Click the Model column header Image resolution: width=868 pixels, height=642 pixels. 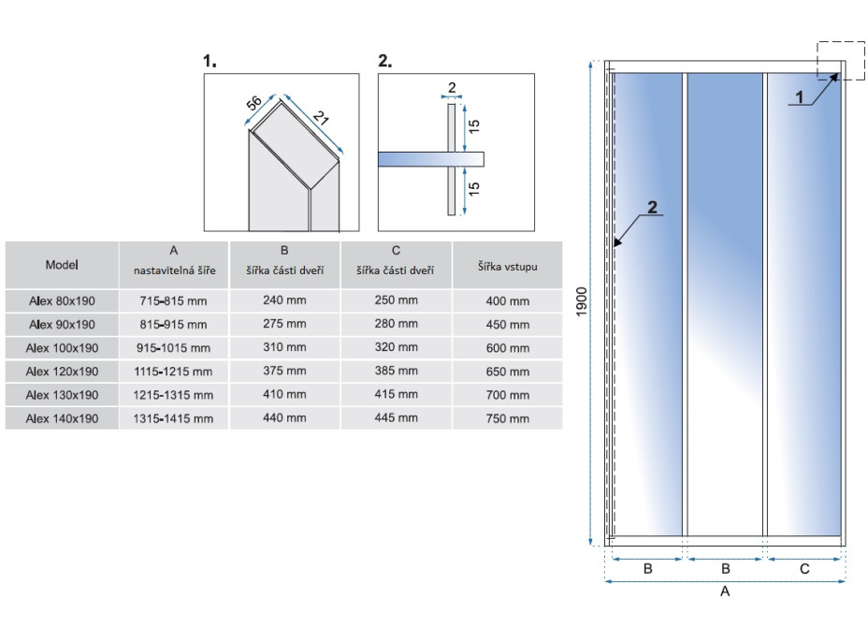point(62,265)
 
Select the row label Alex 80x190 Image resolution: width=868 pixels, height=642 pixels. point(62,300)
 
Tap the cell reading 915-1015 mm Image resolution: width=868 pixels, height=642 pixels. point(173,348)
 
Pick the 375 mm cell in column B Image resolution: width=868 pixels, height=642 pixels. point(284,371)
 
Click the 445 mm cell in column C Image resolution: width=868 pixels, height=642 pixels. point(396,417)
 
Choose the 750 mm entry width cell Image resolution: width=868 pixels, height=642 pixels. point(508,418)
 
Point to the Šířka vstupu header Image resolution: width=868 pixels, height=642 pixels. point(508,267)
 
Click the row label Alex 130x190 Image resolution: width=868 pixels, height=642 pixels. point(62,395)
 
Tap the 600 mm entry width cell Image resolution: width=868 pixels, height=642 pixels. point(508,348)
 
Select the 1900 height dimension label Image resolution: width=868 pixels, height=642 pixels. point(581,302)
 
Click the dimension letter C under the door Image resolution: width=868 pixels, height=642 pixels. point(804,569)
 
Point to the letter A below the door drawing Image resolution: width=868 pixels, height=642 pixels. point(725,591)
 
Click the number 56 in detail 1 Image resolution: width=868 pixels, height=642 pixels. point(253,102)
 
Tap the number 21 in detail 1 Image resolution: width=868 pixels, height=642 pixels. point(321,117)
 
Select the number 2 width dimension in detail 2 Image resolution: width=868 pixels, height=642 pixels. point(452,88)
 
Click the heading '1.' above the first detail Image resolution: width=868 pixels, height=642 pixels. point(210,61)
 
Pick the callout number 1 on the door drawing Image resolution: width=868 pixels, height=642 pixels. point(799,97)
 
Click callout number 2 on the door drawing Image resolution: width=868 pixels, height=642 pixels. point(652,207)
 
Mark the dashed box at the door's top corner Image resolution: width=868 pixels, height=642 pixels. point(841,61)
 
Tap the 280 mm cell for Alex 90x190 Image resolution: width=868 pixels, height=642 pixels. point(396,324)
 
